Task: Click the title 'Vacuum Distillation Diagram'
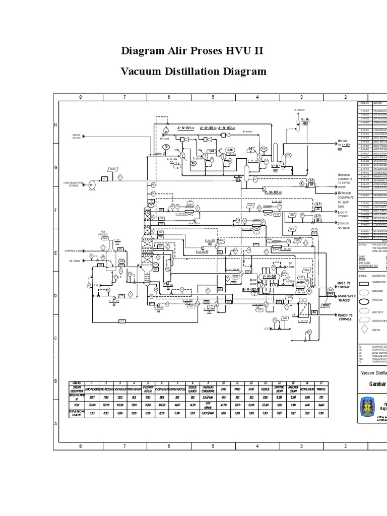click(x=193, y=72)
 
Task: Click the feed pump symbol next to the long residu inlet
click(x=93, y=185)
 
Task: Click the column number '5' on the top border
click(x=213, y=97)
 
